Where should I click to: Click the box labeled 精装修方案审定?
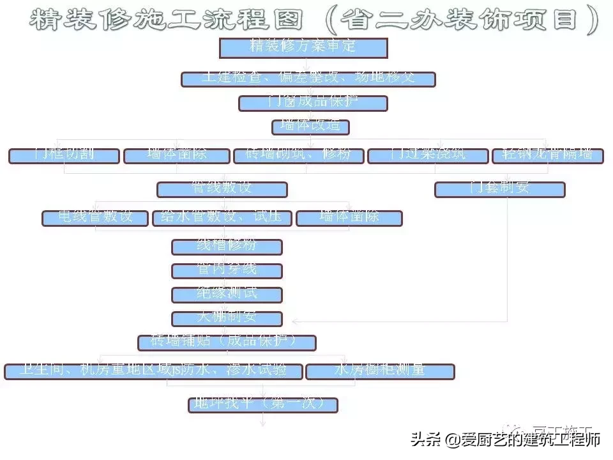pos(303,48)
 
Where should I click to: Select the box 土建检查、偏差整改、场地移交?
pos(308,79)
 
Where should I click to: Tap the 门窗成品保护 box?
pos(313,103)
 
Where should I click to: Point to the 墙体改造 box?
pos(311,126)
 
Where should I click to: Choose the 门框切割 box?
pos(64,156)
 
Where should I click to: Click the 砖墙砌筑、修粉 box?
pos(298,156)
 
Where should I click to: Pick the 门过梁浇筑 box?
pos(428,156)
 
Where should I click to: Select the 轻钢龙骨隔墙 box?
pos(547,156)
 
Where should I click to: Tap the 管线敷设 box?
pos(222,189)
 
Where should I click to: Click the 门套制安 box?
pos(499,189)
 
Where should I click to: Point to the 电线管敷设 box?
pos(96,218)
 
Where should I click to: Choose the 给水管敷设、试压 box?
pos(222,218)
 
